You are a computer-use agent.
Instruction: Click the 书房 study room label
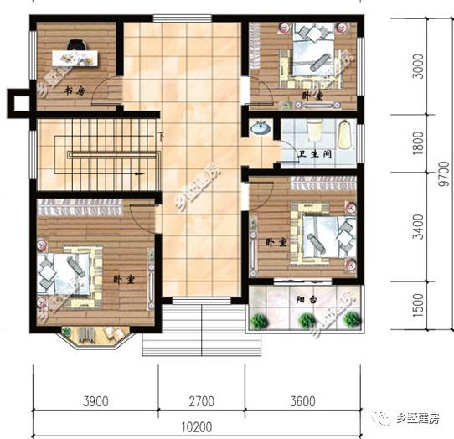click(x=75, y=90)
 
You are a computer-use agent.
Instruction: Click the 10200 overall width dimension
click(x=199, y=425)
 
